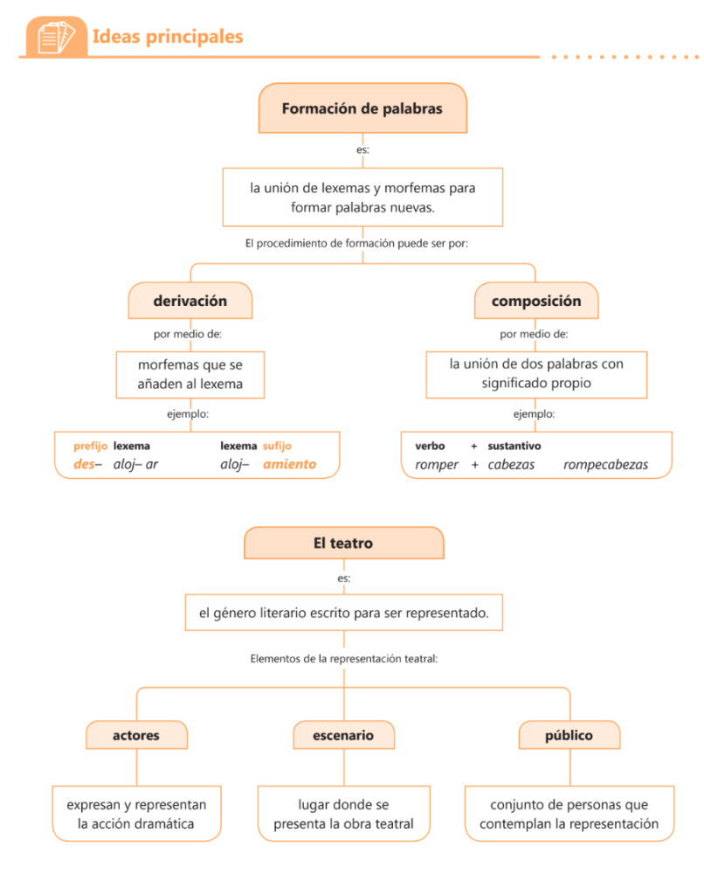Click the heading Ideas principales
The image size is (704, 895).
click(167, 37)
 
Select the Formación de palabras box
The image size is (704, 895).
click(362, 109)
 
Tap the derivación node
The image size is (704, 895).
click(190, 301)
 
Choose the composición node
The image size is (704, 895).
click(535, 301)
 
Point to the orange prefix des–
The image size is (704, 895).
click(86, 464)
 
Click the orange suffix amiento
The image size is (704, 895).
click(289, 464)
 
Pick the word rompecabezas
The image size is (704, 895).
click(605, 464)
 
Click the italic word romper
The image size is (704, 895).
click(436, 464)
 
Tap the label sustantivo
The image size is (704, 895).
click(514, 446)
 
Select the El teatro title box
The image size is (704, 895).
click(343, 543)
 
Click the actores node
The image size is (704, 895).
click(136, 735)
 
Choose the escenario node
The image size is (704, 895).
click(343, 735)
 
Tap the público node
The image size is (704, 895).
click(569, 735)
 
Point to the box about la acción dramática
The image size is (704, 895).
click(136, 814)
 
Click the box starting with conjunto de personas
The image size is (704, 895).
click(569, 814)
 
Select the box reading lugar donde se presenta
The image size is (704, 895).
click(343, 814)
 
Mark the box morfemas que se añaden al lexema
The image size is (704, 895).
click(190, 374)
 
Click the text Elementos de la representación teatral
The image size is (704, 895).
click(343, 658)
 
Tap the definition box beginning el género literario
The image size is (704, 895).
click(343, 613)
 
